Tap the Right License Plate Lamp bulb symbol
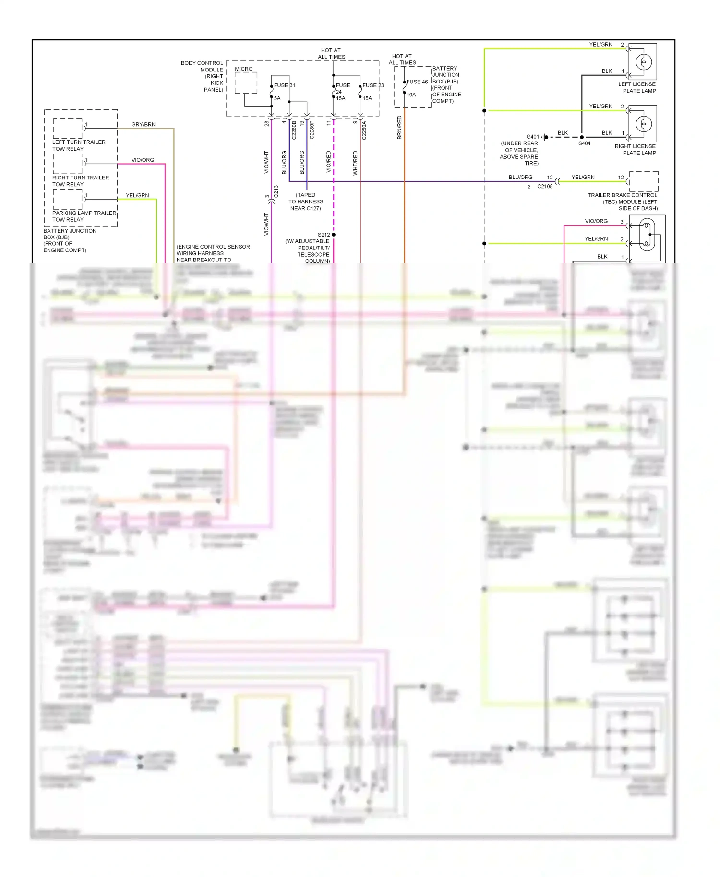644,124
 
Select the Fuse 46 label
417,82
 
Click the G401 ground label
532,137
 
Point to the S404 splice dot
582,137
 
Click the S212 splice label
324,235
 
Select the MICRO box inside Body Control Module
246,83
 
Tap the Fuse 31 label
284,85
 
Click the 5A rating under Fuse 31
277,98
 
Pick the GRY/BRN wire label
143,124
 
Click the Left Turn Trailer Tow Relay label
78,145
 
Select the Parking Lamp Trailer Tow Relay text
84,216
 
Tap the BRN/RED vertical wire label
399,128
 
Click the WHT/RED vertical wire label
355,163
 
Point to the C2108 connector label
544,187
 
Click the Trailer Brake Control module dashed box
643,181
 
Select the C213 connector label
276,191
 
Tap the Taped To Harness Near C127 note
305,201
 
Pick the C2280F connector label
312,130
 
